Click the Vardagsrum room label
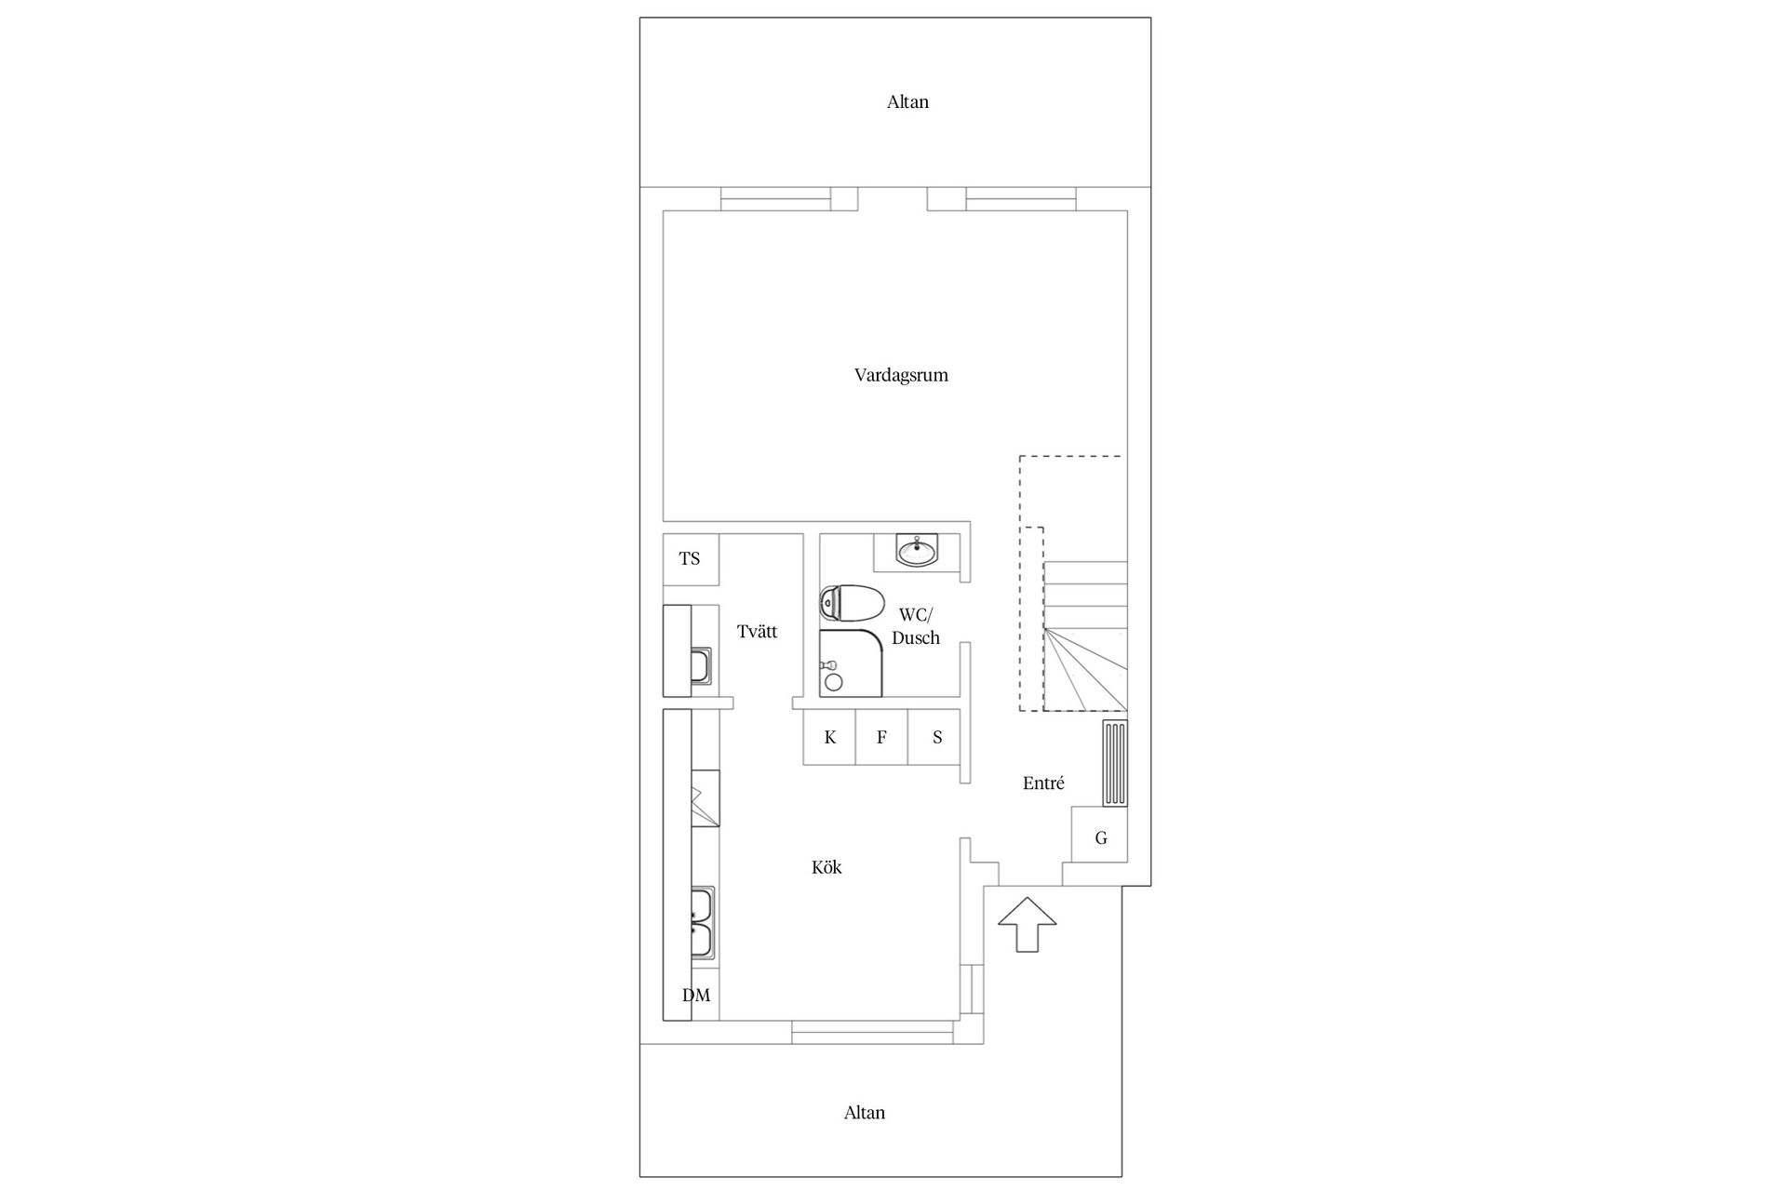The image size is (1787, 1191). [901, 375]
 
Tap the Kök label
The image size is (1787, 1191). [826, 867]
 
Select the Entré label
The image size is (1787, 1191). [1043, 783]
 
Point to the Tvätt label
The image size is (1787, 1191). [757, 632]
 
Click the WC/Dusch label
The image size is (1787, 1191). [916, 626]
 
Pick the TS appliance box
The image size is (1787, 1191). [691, 559]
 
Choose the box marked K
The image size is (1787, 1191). [829, 737]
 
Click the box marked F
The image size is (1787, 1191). [881, 737]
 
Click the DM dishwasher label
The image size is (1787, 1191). [696, 996]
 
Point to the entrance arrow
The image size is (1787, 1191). [1028, 925]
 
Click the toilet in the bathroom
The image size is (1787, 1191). [852, 603]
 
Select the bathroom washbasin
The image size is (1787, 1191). [917, 550]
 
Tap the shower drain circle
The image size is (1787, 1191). [834, 682]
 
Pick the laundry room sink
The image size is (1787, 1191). [701, 666]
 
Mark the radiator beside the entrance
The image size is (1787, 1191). [1115, 763]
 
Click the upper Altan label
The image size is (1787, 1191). [907, 102]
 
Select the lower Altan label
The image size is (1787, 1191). [865, 1113]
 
